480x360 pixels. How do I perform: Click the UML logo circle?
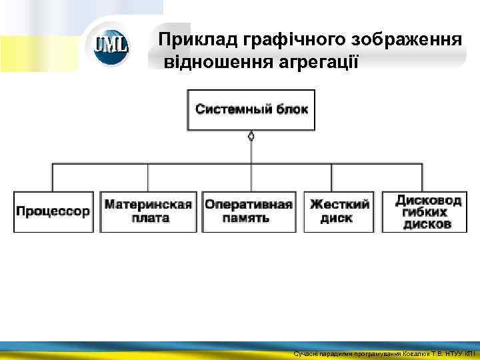tap(111, 46)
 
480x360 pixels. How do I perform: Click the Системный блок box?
tap(251, 109)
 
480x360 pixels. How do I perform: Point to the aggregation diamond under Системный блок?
tap(251, 137)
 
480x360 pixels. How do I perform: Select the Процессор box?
tap(53, 212)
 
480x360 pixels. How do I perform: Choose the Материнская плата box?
tap(148, 212)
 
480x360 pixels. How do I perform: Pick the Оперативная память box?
tap(249, 212)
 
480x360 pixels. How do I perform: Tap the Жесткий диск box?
tap(339, 212)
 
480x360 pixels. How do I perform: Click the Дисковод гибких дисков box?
tap(429, 212)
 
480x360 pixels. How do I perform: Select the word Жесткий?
tap(339, 205)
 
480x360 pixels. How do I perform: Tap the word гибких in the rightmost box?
tap(427, 212)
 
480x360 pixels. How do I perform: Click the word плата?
tap(148, 219)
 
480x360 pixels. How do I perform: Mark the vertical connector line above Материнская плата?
tap(148, 177)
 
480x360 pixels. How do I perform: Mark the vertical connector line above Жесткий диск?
tap(339, 177)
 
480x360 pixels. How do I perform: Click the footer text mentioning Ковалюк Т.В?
tap(384, 354)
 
